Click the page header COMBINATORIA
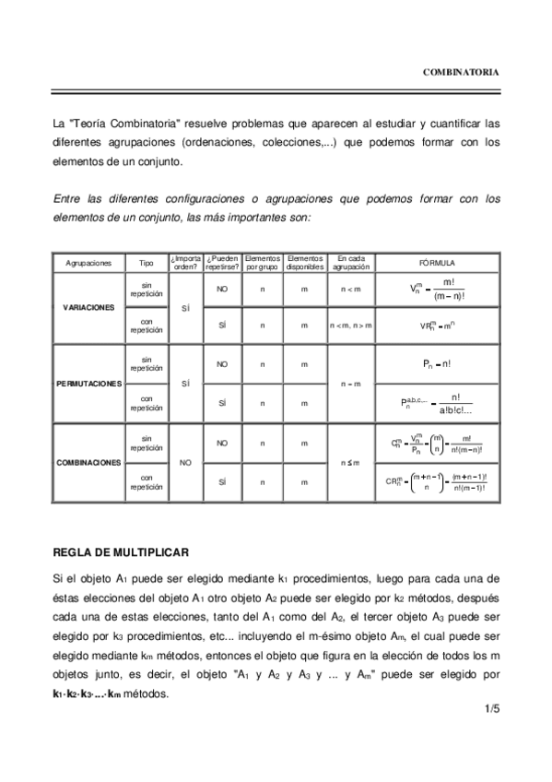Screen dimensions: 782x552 (461, 71)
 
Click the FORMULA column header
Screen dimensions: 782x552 (437, 263)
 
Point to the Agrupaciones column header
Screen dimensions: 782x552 (88, 263)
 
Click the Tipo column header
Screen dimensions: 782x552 (146, 263)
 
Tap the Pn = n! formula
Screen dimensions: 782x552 (437, 364)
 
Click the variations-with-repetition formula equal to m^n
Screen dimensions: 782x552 (437, 326)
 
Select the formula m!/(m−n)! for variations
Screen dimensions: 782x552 (437, 288)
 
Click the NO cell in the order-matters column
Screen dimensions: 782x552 (185, 462)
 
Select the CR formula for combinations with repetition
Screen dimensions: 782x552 (437, 481)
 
